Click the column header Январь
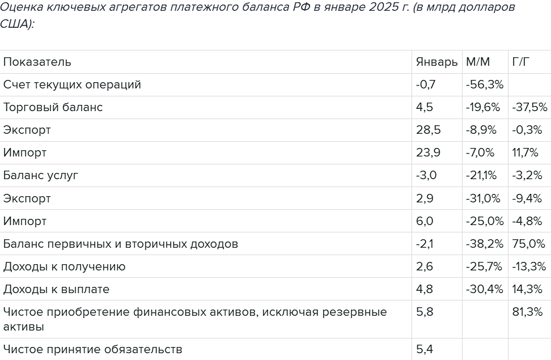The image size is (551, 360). (436, 62)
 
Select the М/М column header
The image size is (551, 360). (477, 62)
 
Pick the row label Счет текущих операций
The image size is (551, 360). (72, 84)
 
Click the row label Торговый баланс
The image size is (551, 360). (53, 107)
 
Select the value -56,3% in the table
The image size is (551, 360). (485, 84)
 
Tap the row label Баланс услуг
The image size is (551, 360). (41, 175)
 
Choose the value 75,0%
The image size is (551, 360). (528, 244)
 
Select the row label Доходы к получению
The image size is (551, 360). (65, 266)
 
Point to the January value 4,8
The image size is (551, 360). (425, 289)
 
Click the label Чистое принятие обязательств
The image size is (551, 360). (93, 349)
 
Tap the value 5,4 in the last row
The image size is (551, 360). (425, 349)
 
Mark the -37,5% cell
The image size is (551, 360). (529, 107)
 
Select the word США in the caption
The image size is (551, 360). (16, 25)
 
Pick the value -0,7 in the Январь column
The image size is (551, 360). (426, 84)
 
